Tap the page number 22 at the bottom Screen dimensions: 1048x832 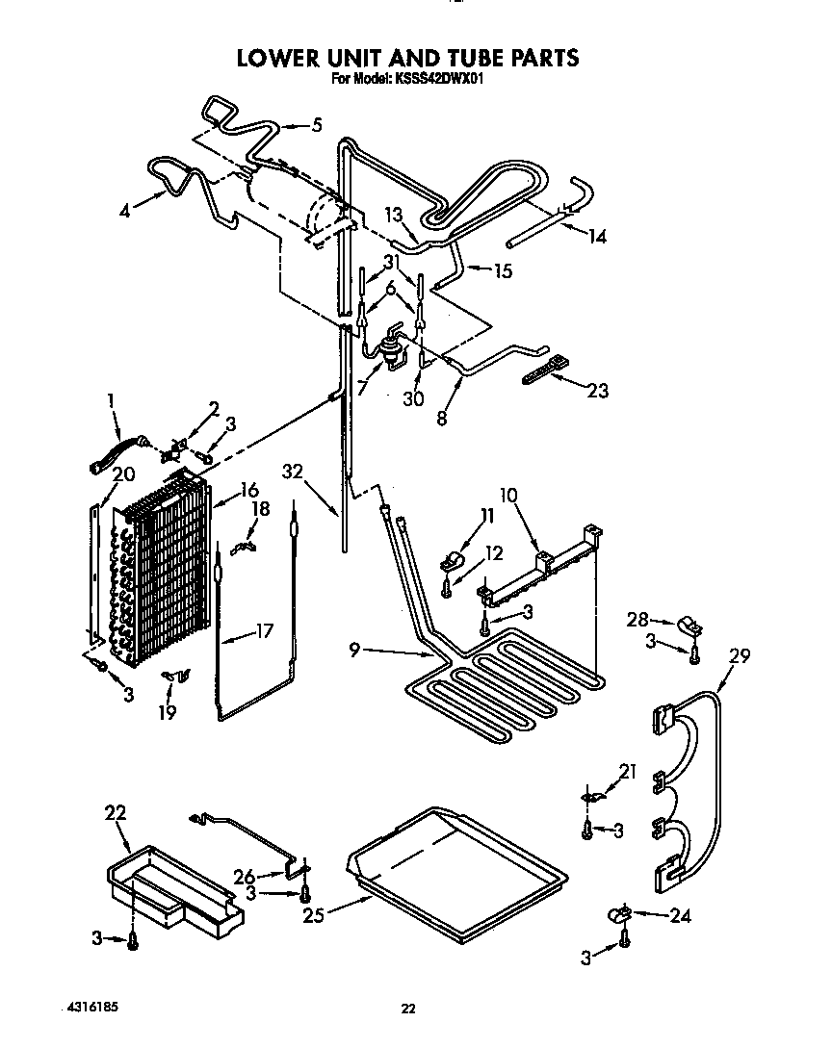click(x=408, y=1009)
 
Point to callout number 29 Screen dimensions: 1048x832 click(x=740, y=656)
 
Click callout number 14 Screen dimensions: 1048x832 click(x=597, y=235)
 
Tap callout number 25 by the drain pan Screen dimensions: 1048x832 click(x=312, y=915)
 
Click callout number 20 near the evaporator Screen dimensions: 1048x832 click(x=122, y=473)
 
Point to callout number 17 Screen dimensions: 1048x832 click(x=264, y=632)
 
